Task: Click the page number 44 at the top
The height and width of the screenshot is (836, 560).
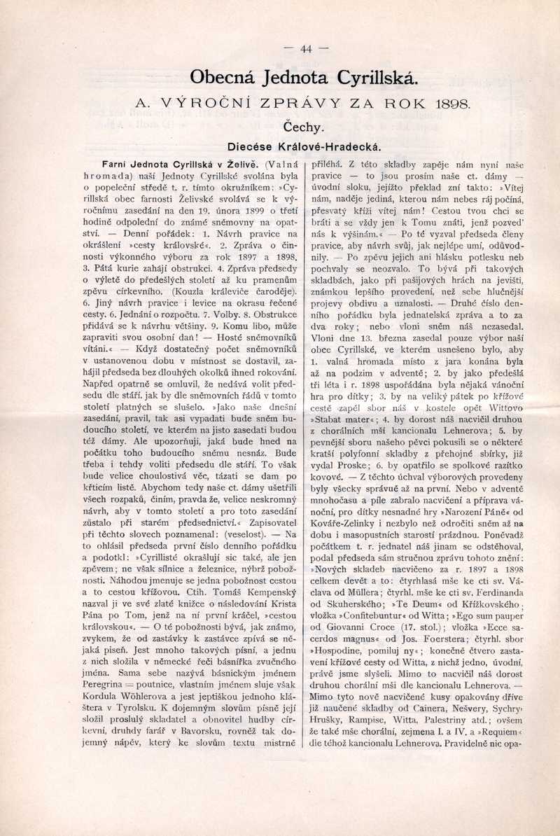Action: coord(305,49)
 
